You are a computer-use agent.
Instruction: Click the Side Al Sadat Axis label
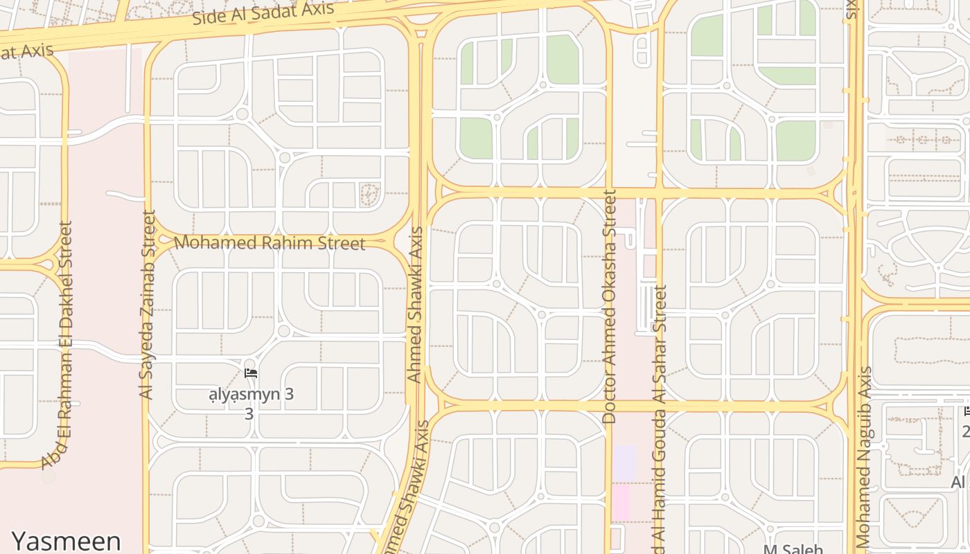coord(263,13)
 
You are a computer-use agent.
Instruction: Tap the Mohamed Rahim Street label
coord(270,243)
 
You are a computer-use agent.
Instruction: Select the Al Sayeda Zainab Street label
coord(148,305)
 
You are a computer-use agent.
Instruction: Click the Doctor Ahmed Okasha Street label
coord(610,307)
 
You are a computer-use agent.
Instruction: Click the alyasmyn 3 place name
coord(252,395)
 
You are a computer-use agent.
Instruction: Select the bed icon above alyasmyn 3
coord(251,373)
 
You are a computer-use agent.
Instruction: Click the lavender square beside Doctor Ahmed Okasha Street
coord(624,463)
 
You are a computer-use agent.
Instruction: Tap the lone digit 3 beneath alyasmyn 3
coord(249,414)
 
